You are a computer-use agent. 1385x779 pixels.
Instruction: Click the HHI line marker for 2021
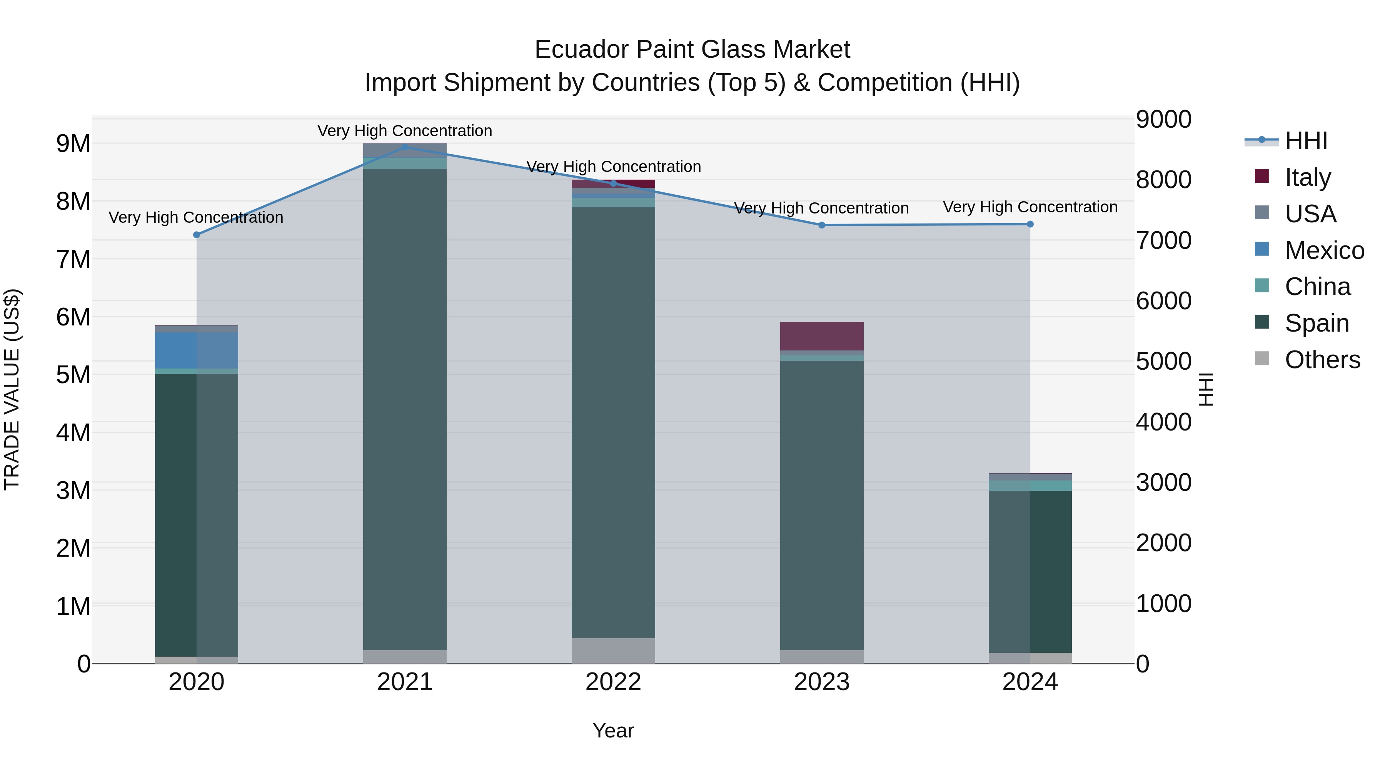(405, 147)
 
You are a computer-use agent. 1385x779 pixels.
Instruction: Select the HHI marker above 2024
(1030, 224)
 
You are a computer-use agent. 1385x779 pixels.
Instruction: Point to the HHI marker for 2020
(197, 235)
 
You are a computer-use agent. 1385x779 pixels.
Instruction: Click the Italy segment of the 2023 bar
(821, 337)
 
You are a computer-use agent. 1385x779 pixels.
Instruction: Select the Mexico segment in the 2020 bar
(197, 350)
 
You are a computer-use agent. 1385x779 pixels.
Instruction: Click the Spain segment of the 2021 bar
(405, 409)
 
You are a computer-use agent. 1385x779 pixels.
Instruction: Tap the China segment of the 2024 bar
(1030, 486)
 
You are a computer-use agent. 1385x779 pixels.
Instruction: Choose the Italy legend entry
(1308, 177)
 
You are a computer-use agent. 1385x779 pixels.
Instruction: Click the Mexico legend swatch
(1262, 249)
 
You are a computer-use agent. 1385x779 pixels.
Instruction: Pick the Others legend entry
(1322, 360)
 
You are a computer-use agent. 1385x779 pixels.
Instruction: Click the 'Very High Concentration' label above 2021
(405, 131)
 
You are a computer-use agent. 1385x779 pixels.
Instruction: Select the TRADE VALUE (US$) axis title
(12, 389)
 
